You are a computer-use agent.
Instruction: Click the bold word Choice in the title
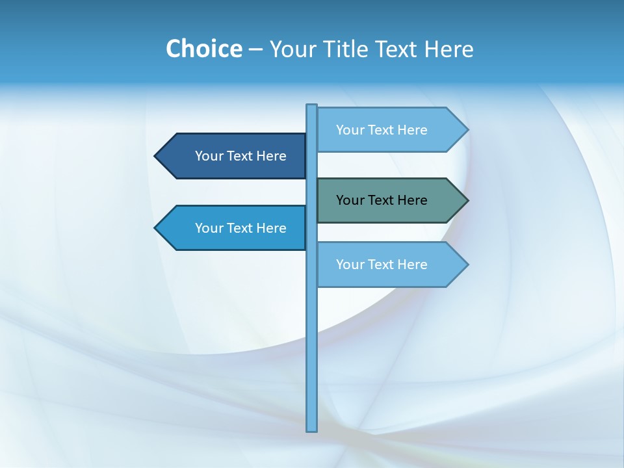[x=203, y=49]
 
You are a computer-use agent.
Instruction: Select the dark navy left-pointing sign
[x=234, y=156]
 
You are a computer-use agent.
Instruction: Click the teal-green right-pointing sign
[x=390, y=200]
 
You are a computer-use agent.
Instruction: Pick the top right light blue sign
[x=390, y=129]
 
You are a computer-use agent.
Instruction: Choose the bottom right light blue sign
[x=390, y=265]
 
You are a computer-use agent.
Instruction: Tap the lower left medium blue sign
[x=234, y=228]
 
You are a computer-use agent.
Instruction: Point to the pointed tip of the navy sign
[x=157, y=156]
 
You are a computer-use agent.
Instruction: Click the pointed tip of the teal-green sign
[x=467, y=200]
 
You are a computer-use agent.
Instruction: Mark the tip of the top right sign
[x=467, y=129]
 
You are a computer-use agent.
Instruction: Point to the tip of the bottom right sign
[x=467, y=265]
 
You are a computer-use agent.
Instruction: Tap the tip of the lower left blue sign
[x=157, y=228]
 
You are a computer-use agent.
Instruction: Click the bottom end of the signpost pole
[x=312, y=429]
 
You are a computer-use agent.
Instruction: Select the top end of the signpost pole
[x=312, y=107]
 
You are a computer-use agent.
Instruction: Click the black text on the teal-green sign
[x=382, y=200]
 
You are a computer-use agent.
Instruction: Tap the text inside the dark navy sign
[x=240, y=156]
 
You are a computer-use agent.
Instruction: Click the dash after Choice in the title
[x=255, y=49]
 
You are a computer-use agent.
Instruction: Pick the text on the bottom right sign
[x=382, y=265]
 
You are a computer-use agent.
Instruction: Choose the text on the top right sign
[x=382, y=129]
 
